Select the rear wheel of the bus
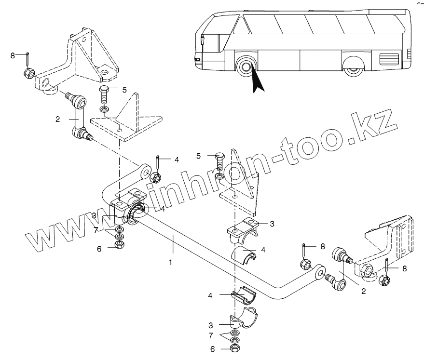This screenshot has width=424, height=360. click(x=354, y=69)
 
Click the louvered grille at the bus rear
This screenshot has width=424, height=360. click(x=389, y=58)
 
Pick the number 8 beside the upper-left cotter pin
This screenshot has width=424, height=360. click(x=13, y=56)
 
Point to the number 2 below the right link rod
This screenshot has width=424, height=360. click(x=364, y=291)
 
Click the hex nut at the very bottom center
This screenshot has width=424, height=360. click(x=236, y=348)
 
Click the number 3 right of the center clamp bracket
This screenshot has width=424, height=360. click(x=272, y=224)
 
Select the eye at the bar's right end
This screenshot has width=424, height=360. click(x=319, y=274)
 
